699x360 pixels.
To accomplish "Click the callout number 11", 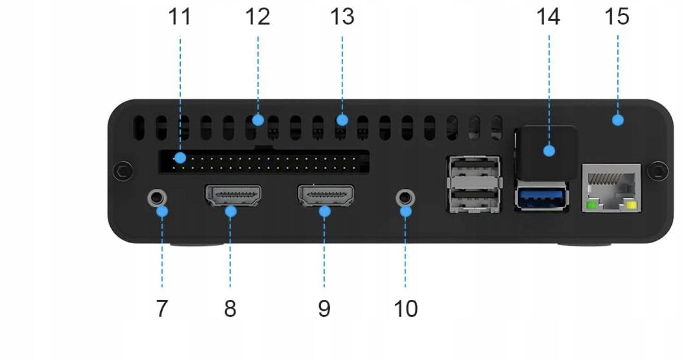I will [x=179, y=17].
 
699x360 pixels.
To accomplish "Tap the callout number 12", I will [x=258, y=17].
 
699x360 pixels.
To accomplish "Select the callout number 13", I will [x=342, y=17].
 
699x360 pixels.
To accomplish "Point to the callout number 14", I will [x=548, y=17].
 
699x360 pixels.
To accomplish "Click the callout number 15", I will [x=617, y=17].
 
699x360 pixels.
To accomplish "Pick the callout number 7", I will [x=162, y=308].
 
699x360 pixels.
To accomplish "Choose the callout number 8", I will [x=230, y=308].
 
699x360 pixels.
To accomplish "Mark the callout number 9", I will [x=324, y=308].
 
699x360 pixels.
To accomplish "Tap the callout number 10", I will [x=405, y=308].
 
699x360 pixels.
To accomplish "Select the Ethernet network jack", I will [x=611, y=188].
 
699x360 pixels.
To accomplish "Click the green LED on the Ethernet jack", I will [x=591, y=206].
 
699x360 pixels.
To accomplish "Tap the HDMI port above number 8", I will [x=233, y=195].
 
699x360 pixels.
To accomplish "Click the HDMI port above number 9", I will [x=326, y=195].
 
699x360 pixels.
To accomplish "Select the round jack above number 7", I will [x=157, y=197].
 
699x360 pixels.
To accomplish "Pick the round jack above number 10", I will [x=405, y=197].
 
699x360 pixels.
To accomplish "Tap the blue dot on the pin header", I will [x=180, y=158].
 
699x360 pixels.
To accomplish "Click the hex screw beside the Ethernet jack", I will [x=658, y=171].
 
